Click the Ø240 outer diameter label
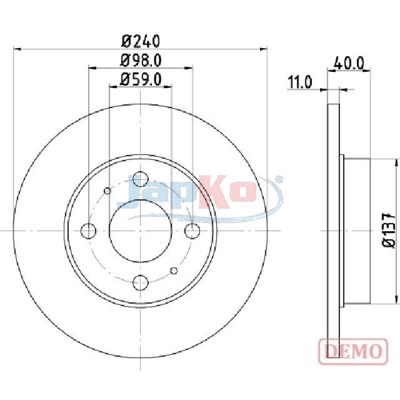pos(141,41)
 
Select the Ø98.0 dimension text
pos(141,61)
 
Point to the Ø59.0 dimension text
pos(141,79)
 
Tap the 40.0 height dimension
pos(349,63)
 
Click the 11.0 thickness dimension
pos(300,82)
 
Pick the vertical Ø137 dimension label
pos(388,230)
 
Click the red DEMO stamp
pos(353,351)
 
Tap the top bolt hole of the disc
pos(141,179)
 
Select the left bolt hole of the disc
pos(88,231)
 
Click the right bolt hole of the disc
pos(193,231)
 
